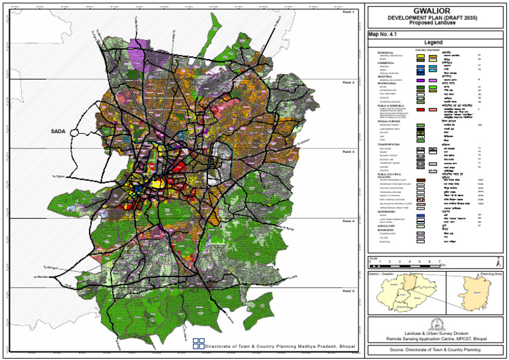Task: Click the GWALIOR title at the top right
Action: point(435,11)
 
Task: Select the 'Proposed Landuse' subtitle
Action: point(435,23)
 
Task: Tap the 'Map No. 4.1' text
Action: point(386,34)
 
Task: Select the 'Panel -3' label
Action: point(349,152)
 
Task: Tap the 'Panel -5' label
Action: point(349,291)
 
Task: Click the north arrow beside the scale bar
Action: point(498,259)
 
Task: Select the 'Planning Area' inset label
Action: point(491,272)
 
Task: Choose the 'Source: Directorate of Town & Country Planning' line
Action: point(435,349)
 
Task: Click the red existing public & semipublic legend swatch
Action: point(420,109)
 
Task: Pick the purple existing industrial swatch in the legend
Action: point(420,79)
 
